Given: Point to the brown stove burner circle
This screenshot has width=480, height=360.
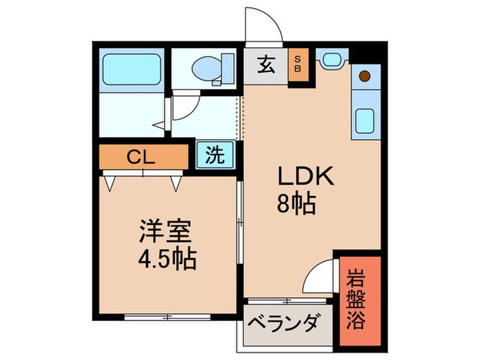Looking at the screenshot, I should [x=365, y=75].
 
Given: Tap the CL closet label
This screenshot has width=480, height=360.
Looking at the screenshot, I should [x=143, y=156].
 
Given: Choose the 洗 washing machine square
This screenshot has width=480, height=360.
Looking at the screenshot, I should [x=215, y=155].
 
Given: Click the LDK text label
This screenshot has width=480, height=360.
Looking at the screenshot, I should [x=304, y=178].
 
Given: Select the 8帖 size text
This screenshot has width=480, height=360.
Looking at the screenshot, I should [x=297, y=204].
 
